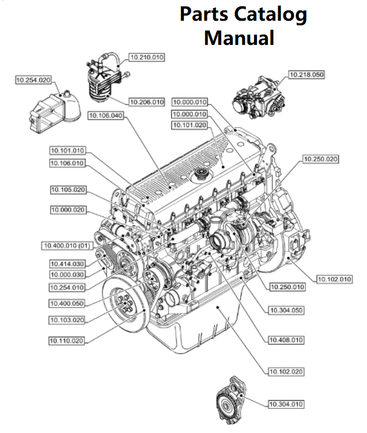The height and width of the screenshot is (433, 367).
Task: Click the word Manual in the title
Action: (239, 38)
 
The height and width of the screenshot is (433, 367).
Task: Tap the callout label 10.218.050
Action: (307, 74)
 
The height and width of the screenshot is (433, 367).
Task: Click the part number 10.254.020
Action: (33, 80)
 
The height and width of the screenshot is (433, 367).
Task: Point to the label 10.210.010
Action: (147, 57)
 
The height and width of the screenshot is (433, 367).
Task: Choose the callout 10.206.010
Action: (147, 102)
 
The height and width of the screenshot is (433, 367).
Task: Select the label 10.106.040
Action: (105, 116)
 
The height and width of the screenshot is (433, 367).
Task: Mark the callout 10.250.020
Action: (320, 158)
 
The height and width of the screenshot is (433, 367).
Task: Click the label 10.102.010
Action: (334, 279)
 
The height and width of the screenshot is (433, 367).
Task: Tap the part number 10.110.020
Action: (67, 340)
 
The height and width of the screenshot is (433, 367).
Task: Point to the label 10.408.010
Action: (286, 340)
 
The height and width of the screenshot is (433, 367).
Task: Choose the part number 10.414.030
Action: (67, 264)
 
